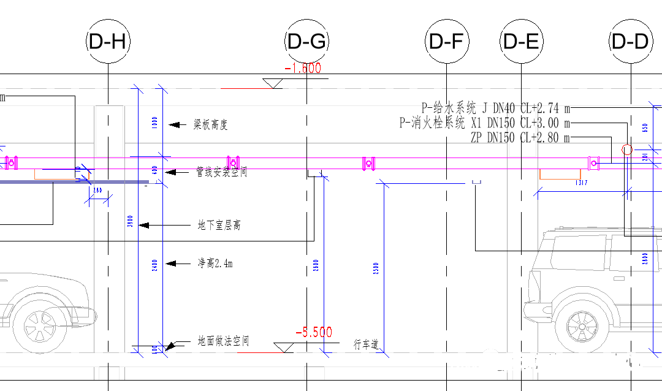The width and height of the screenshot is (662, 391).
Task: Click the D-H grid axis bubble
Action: coord(108,42)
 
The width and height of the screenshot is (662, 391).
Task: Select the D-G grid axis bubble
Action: coord(306,42)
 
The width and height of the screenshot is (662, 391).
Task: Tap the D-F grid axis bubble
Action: coord(447,42)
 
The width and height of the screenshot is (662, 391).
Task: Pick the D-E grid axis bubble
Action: coord(521,42)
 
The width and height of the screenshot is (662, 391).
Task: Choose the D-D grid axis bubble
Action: coord(631,42)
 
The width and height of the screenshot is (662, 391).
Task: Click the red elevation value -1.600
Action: coord(303,69)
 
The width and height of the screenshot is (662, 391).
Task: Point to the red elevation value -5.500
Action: coord(313,333)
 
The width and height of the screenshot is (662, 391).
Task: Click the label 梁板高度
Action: coord(210,125)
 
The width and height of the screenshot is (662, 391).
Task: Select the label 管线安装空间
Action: coord(221,172)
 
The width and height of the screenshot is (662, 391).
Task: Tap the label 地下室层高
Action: coord(219,226)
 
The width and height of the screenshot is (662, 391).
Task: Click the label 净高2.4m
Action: coord(215,264)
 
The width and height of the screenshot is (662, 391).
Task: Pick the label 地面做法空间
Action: coord(223,341)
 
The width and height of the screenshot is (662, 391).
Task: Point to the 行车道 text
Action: coord(367,344)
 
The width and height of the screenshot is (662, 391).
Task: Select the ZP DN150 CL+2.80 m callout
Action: coord(520,138)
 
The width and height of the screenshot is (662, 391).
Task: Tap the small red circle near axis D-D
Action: coord(627,149)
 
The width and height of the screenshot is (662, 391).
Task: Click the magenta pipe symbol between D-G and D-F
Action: coord(368,163)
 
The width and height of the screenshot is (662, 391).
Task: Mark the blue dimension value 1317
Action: coord(582,183)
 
